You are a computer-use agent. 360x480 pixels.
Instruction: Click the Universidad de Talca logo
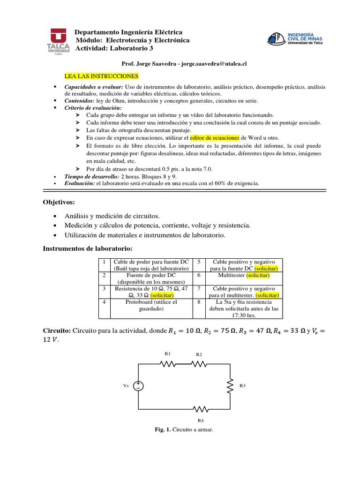pos(58,42)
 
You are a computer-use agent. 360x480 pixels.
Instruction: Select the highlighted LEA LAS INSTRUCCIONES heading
pos(101,75)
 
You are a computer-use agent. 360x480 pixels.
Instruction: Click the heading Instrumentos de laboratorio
pos(88,247)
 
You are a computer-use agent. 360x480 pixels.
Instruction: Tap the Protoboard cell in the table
pos(150,306)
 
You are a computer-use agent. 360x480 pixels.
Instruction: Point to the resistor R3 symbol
pos(230,386)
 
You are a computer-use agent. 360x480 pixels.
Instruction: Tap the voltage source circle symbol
pos(139,386)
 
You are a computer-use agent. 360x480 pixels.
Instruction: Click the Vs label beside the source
pos(126,386)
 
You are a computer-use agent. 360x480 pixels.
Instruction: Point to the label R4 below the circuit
pos(200,420)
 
